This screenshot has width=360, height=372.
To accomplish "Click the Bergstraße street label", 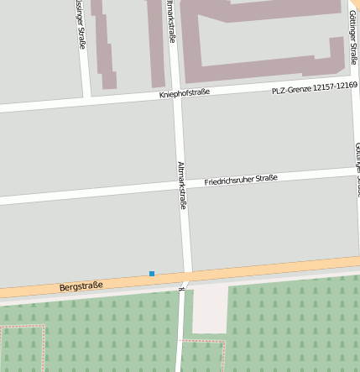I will pos(81,286).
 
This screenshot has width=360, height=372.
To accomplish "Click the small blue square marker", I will pos(152,274).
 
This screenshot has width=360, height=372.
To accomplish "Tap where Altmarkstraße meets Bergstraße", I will pos(185,278).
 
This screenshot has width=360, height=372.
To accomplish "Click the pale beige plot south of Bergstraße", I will pos(210,309).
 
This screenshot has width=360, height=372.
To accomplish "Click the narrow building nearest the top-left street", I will pos(105,46).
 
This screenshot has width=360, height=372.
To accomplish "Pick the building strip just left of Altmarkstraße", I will pos(155,42).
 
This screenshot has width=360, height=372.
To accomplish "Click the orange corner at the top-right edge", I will pos(356,5).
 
